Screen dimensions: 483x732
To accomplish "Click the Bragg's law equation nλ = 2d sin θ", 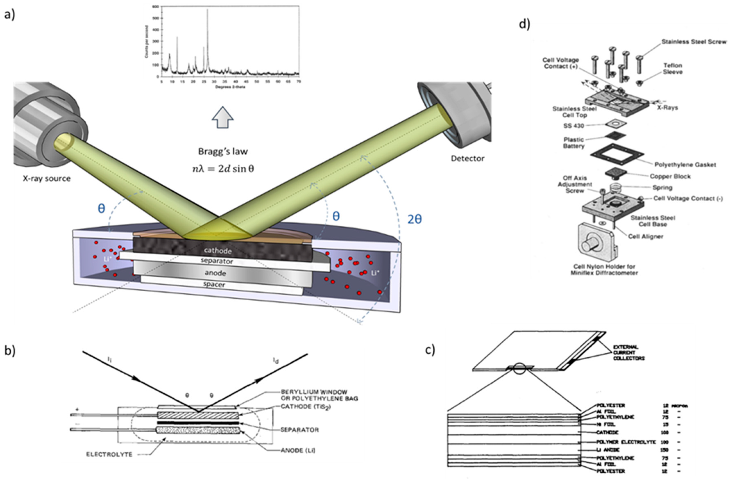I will [x=223, y=169].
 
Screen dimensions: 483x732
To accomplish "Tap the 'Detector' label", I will [x=467, y=158].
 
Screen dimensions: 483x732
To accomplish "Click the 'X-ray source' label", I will [x=46, y=178].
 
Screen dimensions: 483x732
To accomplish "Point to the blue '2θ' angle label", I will [x=414, y=219].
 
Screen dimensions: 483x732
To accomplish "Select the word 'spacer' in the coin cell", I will [x=214, y=284].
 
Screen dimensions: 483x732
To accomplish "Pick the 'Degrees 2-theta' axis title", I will [x=230, y=87].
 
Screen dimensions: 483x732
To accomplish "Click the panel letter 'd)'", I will [x=525, y=24].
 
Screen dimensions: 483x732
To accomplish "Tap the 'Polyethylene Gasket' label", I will [x=685, y=165].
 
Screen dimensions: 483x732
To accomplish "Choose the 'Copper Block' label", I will [x=670, y=176].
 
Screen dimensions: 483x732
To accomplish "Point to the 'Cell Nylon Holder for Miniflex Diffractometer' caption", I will [x=604, y=269].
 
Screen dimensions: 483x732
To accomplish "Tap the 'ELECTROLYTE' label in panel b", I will [x=109, y=454].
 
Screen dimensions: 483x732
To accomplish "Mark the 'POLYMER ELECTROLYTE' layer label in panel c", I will [x=626, y=442].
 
